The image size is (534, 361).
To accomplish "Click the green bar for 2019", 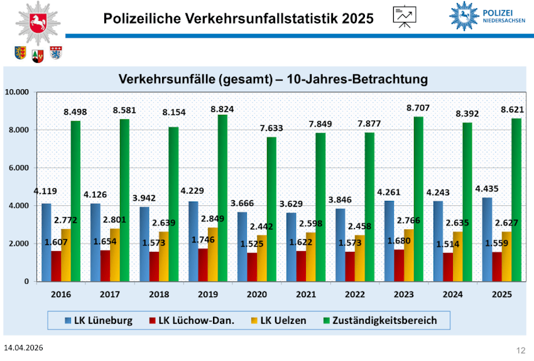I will tap(222, 198).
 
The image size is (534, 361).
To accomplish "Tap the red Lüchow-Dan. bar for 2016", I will tap(56, 266).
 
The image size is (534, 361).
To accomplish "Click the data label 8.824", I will tap(222, 109).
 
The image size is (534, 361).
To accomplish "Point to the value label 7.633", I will tap(271, 128).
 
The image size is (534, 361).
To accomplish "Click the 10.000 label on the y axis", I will tap(17, 92).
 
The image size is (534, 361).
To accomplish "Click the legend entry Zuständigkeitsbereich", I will tap(384, 320).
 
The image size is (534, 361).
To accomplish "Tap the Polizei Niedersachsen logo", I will tap(488, 16).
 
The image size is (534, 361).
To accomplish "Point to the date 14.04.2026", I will tap(23, 347).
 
